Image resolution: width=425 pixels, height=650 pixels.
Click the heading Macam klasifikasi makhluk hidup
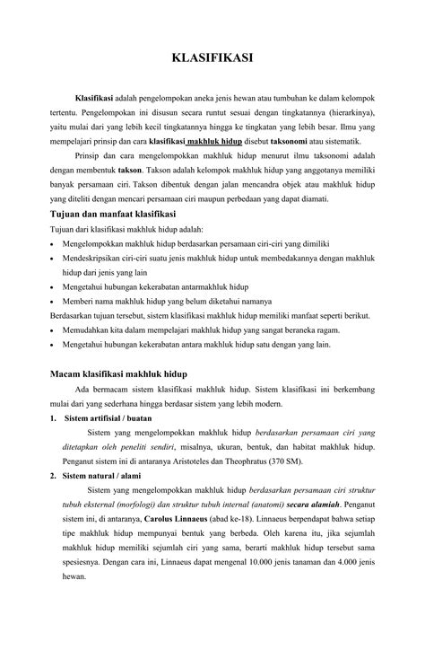pyautogui.click(x=117, y=372)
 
